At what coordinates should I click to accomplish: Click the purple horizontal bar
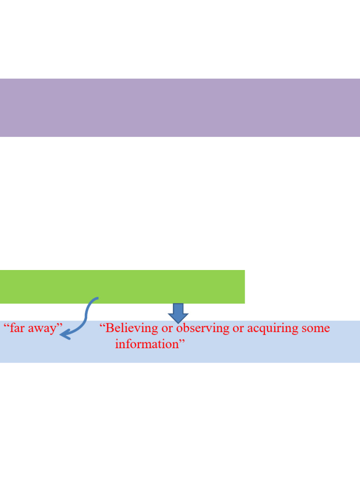180,108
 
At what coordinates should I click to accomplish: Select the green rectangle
122,287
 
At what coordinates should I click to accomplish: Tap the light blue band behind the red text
180,342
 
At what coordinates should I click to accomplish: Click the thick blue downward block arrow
178,313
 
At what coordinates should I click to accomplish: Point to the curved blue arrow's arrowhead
65,335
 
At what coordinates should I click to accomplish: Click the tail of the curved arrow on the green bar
97,298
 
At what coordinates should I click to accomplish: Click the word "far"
17,328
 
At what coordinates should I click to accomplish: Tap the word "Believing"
132,329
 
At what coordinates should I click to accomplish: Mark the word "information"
147,344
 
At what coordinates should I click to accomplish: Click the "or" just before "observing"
167,329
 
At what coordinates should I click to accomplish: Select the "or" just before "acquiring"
238,329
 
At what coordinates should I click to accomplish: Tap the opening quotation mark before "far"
7,325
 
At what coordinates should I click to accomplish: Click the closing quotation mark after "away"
60,325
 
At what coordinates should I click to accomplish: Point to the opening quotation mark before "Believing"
102,325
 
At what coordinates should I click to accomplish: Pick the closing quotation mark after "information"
182,340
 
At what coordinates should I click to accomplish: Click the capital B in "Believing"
110,328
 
